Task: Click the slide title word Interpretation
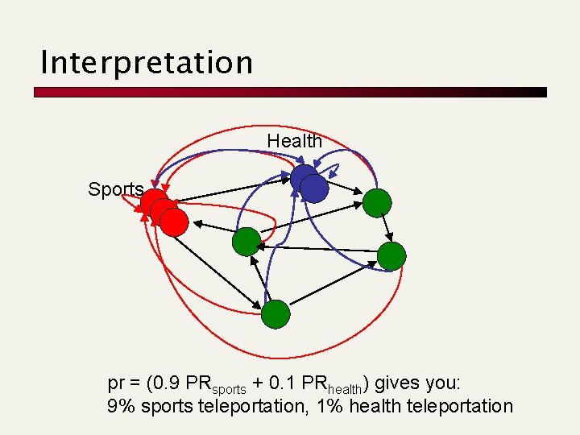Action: [x=147, y=62]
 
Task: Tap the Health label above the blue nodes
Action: [x=294, y=141]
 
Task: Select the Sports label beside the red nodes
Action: [x=115, y=190]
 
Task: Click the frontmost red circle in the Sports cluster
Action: [x=174, y=222]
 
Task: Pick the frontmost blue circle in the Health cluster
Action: [x=314, y=188]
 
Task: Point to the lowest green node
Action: [x=275, y=314]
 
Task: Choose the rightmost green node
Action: [x=391, y=255]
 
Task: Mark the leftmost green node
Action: [x=246, y=242]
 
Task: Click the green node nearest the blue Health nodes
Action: [x=376, y=203]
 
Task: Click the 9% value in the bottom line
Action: [x=121, y=406]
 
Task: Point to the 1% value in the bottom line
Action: [x=332, y=406]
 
